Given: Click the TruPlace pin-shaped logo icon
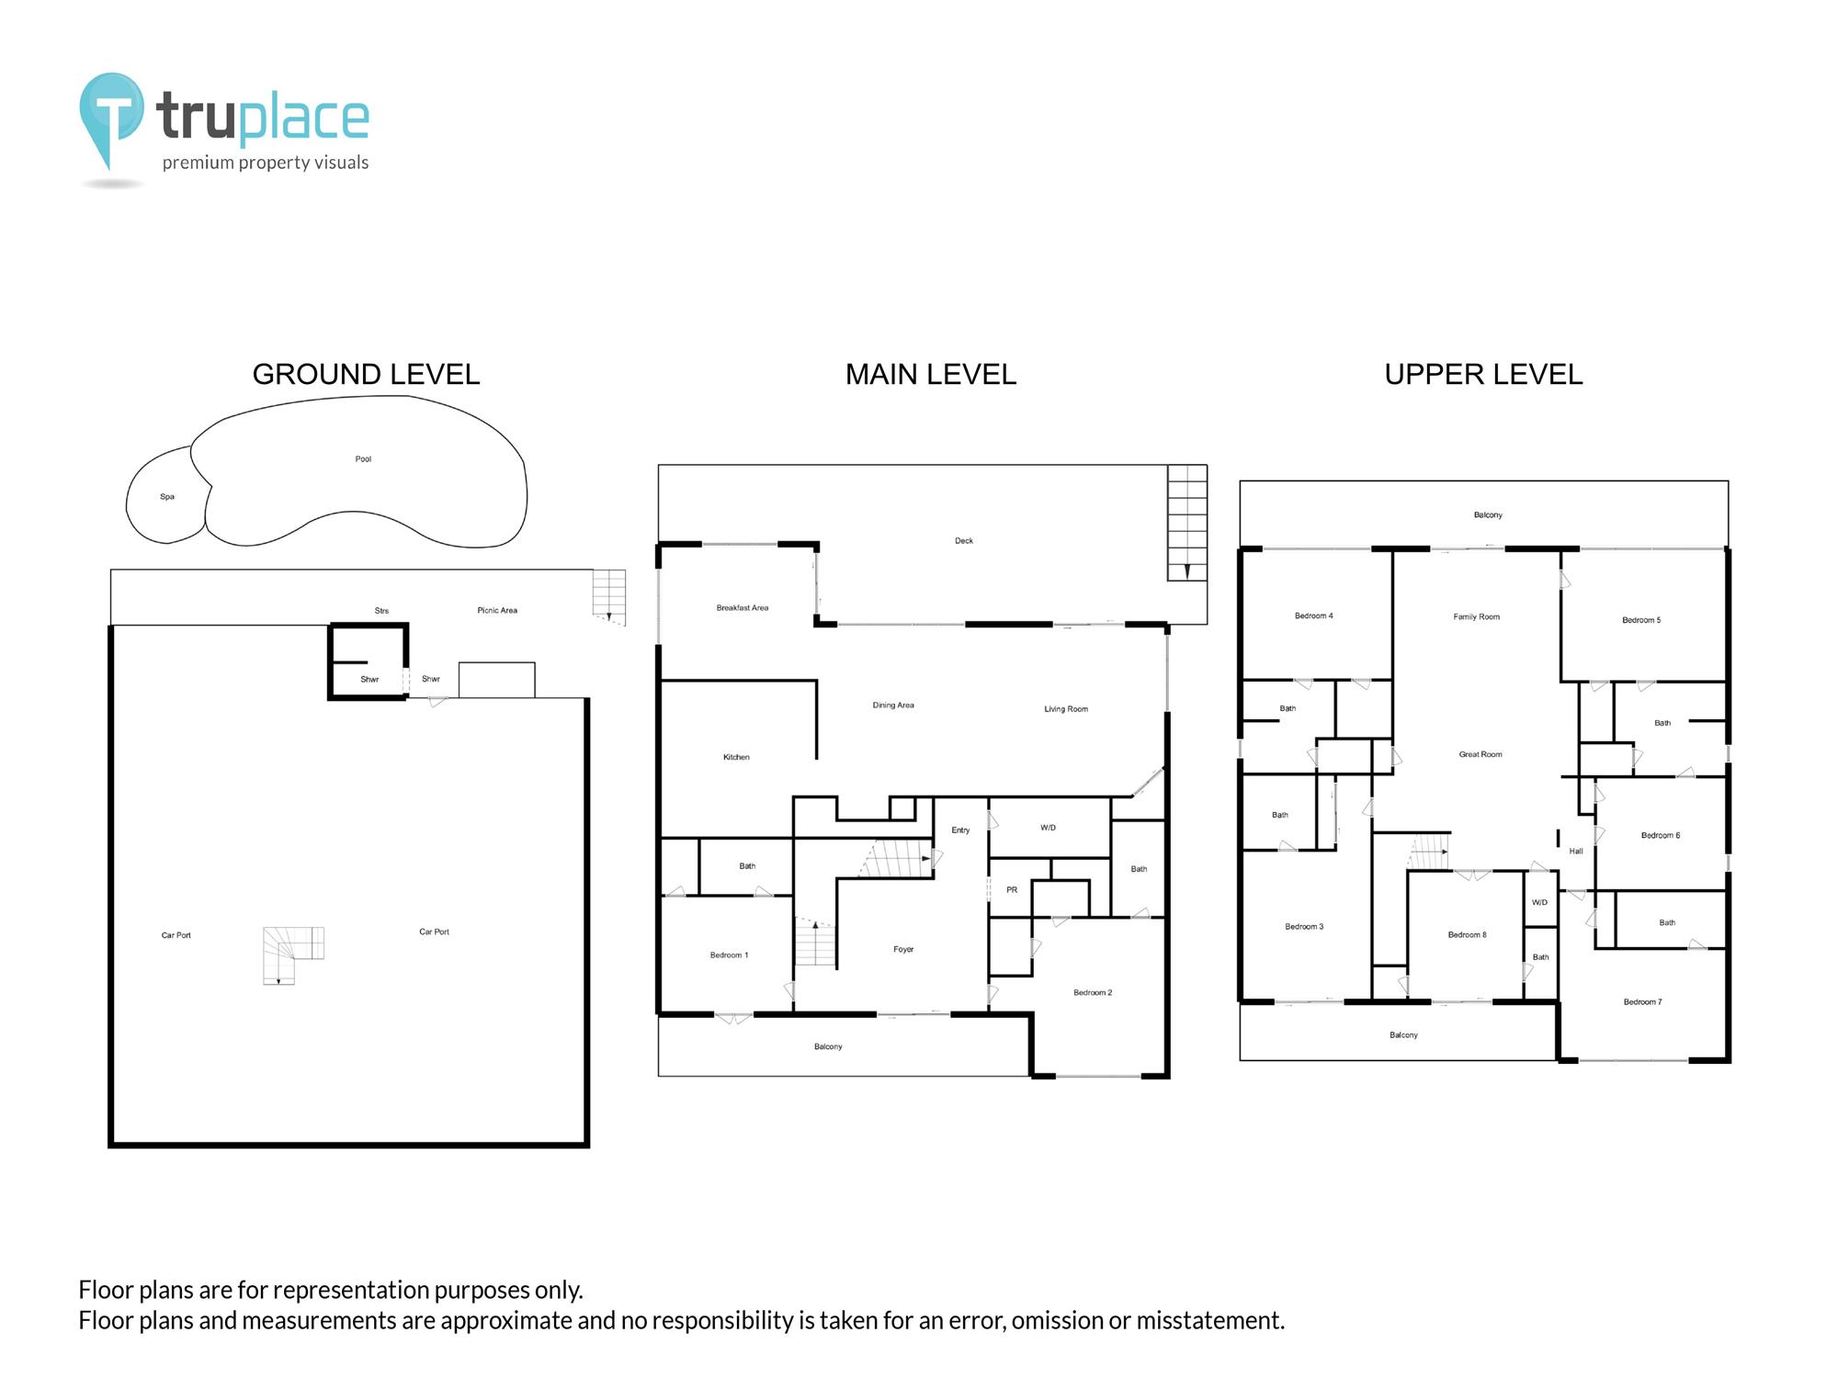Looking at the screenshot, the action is [x=112, y=119].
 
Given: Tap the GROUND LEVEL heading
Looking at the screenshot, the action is [x=366, y=374].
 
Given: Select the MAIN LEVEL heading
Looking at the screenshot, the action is [x=931, y=374].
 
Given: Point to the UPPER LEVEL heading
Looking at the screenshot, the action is [x=1483, y=374].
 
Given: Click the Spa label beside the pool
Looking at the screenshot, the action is [x=167, y=497].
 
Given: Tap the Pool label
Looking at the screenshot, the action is [x=363, y=459].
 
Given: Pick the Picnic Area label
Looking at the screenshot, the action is [x=497, y=610].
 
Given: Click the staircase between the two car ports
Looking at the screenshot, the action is [x=293, y=955].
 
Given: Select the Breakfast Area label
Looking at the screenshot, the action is [x=743, y=608].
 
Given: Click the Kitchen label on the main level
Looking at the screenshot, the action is [x=736, y=757].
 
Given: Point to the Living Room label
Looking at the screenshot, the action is [x=1066, y=709].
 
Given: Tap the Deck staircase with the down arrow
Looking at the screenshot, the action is [x=1187, y=523].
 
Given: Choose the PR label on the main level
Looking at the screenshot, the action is [x=1012, y=889].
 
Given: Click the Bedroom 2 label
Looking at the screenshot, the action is [x=1093, y=992].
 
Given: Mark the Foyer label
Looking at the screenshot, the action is [x=903, y=949].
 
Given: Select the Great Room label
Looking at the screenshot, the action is [x=1481, y=754].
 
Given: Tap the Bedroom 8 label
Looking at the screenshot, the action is [x=1467, y=934].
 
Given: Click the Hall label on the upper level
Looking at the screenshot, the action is [x=1576, y=851].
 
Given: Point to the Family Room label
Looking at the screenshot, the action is [x=1476, y=616].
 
